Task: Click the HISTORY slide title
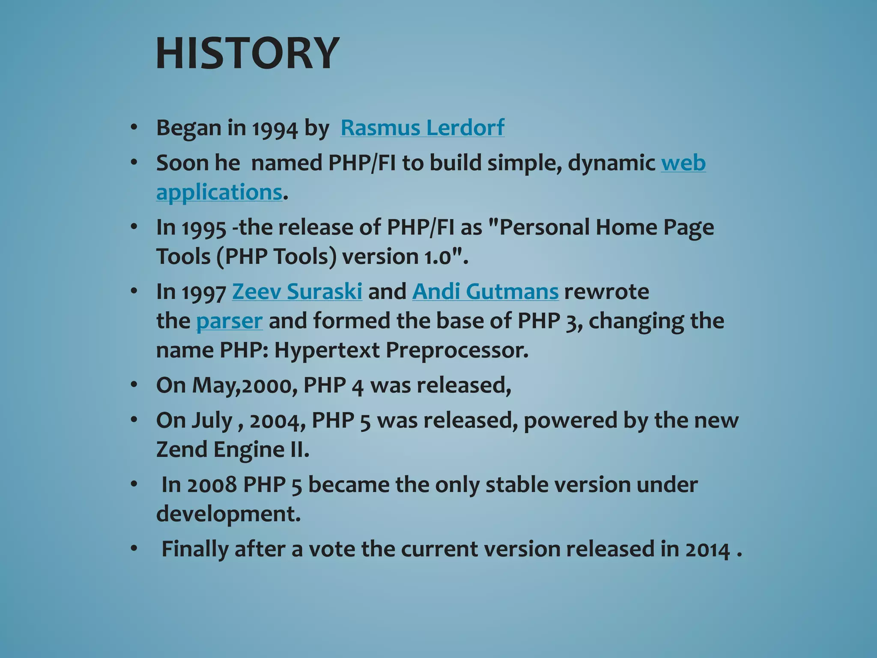click(x=248, y=54)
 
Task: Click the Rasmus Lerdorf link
click(x=422, y=128)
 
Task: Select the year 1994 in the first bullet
click(x=274, y=129)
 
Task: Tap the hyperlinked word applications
click(x=219, y=192)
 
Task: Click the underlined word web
click(x=683, y=163)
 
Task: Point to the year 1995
click(x=204, y=228)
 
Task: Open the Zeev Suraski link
click(x=297, y=292)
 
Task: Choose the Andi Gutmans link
click(x=485, y=292)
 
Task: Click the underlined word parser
click(x=229, y=321)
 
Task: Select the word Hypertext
click(x=327, y=350)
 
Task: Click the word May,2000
click(x=242, y=385)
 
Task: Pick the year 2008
click(x=212, y=485)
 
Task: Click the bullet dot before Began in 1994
click(x=134, y=128)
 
